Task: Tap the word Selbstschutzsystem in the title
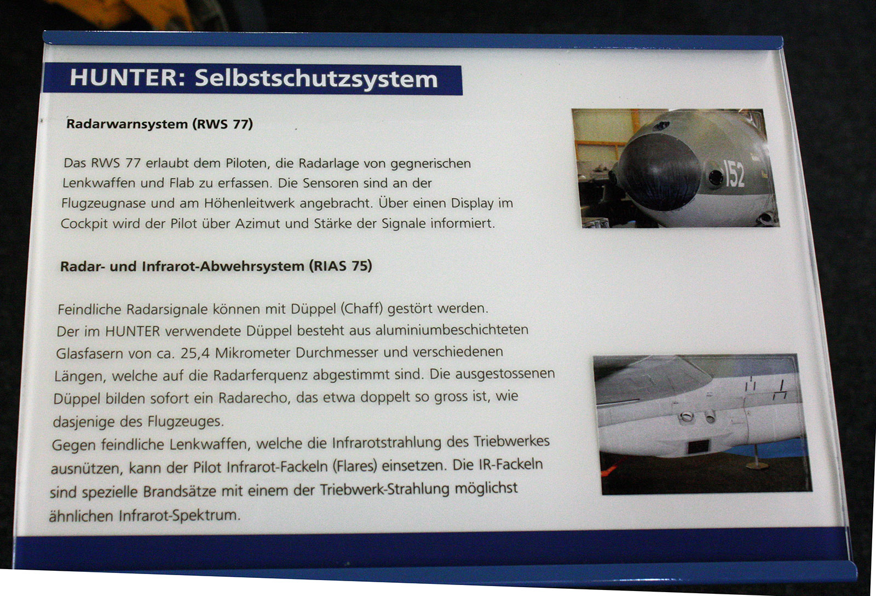pyautogui.click(x=316, y=79)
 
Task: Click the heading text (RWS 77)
pyautogui.click(x=222, y=124)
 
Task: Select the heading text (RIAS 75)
pyautogui.click(x=340, y=266)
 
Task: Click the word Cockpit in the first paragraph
pyautogui.click(x=84, y=224)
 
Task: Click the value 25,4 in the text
pyautogui.click(x=195, y=353)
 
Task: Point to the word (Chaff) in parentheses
pyautogui.click(x=361, y=309)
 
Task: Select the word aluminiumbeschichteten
pyautogui.click(x=452, y=330)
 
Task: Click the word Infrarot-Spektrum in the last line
pyautogui.click(x=180, y=515)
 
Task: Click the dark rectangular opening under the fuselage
pyautogui.click(x=698, y=446)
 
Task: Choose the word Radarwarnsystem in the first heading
pyautogui.click(x=127, y=124)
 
